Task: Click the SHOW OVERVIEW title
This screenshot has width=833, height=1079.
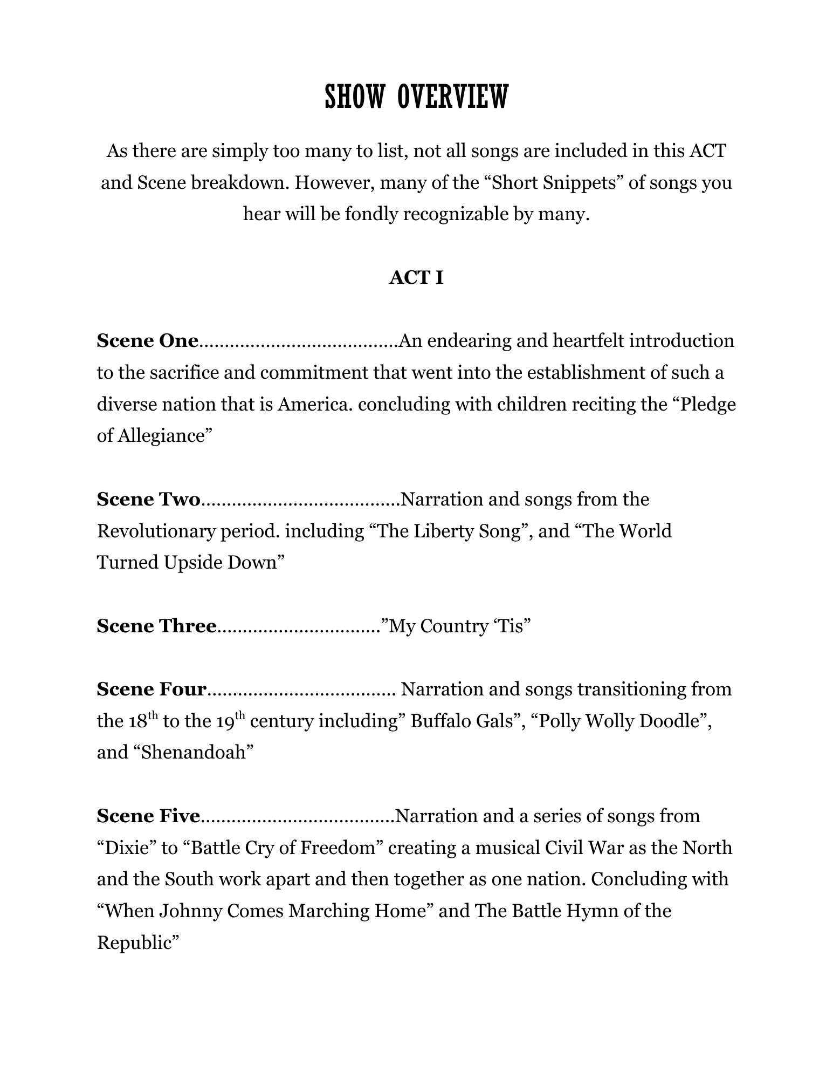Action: (416, 98)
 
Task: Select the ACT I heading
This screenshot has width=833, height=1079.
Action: (416, 278)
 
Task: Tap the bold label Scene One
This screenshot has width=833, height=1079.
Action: (148, 341)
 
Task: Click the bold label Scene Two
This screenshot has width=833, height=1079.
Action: (149, 500)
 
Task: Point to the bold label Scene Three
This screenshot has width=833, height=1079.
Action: (156, 626)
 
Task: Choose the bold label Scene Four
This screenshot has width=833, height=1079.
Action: (152, 689)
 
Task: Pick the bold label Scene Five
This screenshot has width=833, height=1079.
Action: (148, 816)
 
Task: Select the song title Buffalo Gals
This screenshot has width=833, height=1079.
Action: (461, 721)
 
